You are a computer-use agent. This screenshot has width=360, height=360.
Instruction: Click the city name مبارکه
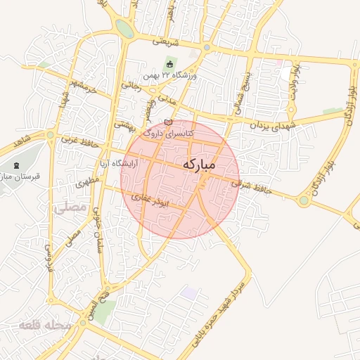point(200,164)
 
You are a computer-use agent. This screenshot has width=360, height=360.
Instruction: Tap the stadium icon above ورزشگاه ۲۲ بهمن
point(169,65)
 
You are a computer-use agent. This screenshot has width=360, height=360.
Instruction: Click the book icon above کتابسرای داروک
point(167,124)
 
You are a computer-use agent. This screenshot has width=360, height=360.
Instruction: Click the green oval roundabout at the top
point(124,29)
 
